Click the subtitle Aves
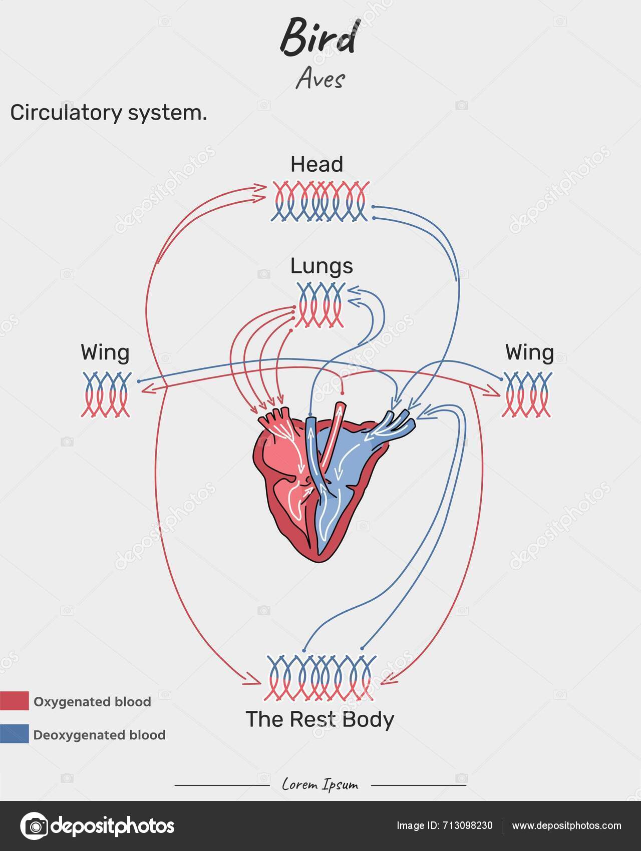coord(320,79)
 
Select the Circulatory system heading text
coord(108,113)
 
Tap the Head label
coord(316,164)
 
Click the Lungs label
coord(322,266)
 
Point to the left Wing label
coord(105,353)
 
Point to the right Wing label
coord(529,353)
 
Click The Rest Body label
coord(320,719)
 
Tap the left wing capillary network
coord(106,394)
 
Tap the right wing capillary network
coord(527,394)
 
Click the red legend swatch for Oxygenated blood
coord(14,701)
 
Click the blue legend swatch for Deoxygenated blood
coord(14,734)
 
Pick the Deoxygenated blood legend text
coord(99,735)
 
